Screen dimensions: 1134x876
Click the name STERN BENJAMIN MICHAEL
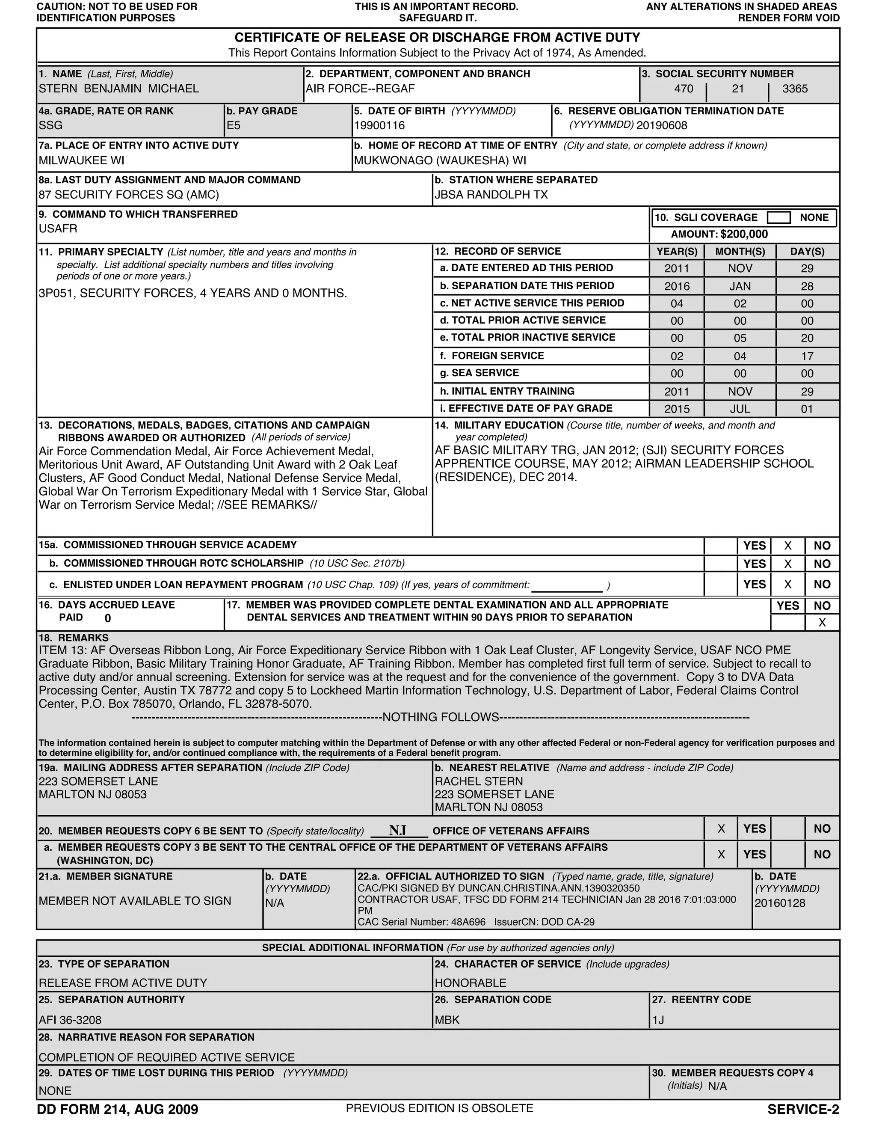click(x=118, y=89)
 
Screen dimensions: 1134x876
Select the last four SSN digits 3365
click(x=795, y=89)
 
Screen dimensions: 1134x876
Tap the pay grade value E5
click(x=234, y=126)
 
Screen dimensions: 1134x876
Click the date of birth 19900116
click(x=379, y=126)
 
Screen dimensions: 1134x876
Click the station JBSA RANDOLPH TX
click(x=491, y=195)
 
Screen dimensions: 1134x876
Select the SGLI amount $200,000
click(x=744, y=234)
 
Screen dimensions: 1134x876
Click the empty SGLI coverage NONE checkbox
click(x=778, y=217)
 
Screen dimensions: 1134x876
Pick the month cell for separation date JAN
click(x=740, y=287)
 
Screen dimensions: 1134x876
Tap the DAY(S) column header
click(x=807, y=252)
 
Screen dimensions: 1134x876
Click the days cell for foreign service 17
click(x=807, y=356)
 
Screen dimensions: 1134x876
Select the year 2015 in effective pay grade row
click(x=677, y=409)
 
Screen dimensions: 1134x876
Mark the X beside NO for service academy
click(x=788, y=546)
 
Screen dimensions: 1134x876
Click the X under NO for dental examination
click(x=822, y=623)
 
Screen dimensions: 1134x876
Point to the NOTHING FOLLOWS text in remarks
click(x=441, y=718)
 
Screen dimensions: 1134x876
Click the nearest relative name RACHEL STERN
click(x=479, y=781)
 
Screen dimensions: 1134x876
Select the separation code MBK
click(x=447, y=1020)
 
